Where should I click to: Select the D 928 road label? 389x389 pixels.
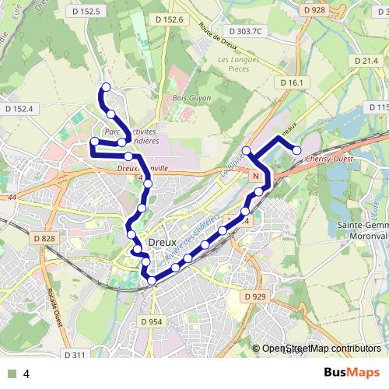314,9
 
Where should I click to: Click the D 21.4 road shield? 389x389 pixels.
365,61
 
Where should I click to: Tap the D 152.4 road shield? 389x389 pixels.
21,107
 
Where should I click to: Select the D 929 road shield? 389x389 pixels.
254,296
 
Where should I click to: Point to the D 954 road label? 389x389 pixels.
151,321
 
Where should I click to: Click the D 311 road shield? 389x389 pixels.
73,355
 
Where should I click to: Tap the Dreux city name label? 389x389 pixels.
163,241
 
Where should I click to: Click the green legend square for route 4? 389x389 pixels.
13,374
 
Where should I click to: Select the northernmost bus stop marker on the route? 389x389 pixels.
106,88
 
